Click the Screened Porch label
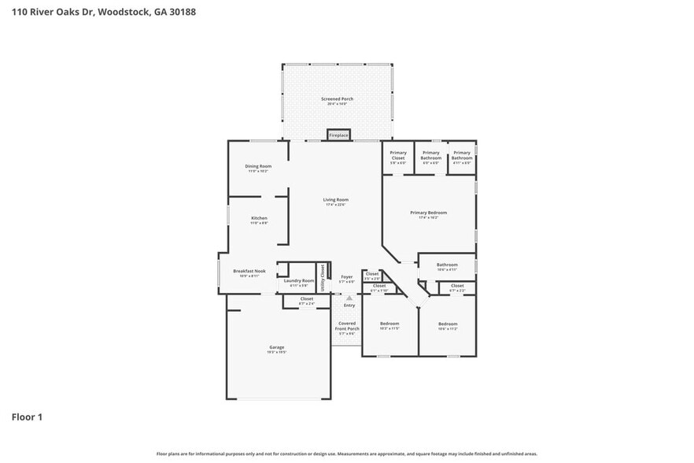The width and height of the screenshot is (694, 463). tap(337, 99)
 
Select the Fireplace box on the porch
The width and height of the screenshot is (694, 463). tap(338, 135)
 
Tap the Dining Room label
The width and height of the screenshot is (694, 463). tap(258, 166)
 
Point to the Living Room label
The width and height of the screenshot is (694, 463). tap(336, 200)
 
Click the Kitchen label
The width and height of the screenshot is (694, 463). tap(259, 218)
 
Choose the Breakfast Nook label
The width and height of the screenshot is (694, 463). tap(249, 271)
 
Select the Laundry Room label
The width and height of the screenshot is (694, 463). tap(299, 281)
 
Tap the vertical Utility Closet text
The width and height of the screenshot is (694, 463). tap(322, 277)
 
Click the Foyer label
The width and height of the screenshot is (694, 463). tap(346, 277)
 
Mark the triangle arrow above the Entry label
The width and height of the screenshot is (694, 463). tap(349, 298)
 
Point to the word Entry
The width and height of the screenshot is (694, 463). tap(349, 306)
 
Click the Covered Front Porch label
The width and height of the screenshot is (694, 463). tap(347, 326)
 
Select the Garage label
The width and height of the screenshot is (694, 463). tap(276, 347)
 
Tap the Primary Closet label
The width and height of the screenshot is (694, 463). tap(398, 156)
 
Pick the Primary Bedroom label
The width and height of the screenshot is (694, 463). tap(428, 213)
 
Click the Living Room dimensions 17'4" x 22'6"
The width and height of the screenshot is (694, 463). tap(336, 205)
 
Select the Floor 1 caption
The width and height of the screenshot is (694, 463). tap(27, 417)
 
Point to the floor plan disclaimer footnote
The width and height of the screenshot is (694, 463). tap(346, 454)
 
